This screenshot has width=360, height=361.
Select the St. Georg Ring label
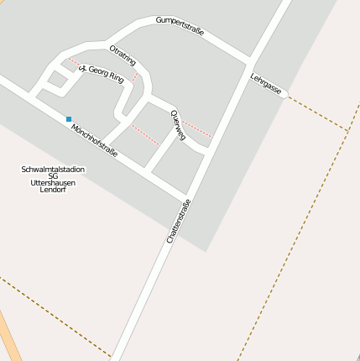pyautogui.click(x=102, y=74)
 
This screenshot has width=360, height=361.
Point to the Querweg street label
pyautogui.click(x=178, y=124)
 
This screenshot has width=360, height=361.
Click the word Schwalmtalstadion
pyautogui.click(x=53, y=169)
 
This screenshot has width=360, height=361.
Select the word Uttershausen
pyautogui.click(x=53, y=182)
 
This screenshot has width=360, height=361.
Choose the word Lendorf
pyautogui.click(x=53, y=189)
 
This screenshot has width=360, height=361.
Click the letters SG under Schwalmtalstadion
pyautogui.click(x=53, y=175)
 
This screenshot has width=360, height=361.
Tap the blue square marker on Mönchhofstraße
pyautogui.click(x=69, y=119)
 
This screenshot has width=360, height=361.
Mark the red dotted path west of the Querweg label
pyautogui.click(x=144, y=133)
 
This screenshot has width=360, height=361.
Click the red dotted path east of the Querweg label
pyautogui.click(x=198, y=128)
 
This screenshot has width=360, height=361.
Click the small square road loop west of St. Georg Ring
pyautogui.click(x=56, y=81)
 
